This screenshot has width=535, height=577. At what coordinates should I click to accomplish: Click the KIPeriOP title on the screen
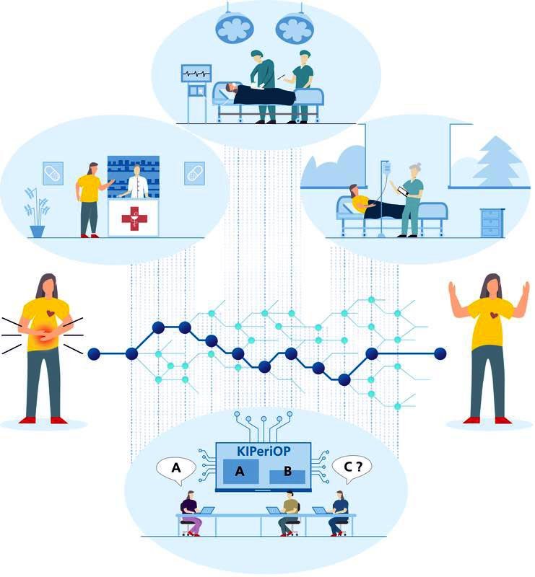pos(263,451)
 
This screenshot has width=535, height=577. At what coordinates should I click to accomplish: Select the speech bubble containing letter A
pos(176,470)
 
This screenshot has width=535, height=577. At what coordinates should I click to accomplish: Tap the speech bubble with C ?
pos(352,468)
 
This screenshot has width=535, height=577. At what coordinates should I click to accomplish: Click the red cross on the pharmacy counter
pos(134,219)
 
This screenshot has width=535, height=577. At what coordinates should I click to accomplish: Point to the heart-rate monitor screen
pos(196,74)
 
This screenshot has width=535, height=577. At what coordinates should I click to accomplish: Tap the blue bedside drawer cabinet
pos(492,222)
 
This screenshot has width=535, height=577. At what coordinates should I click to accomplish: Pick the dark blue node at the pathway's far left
pos(94,354)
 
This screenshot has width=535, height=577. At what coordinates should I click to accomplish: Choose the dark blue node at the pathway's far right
pos(440,353)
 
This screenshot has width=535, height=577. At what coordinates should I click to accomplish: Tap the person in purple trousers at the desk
pos(191,514)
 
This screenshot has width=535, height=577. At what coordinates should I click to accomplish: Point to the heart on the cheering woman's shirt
pos(493,315)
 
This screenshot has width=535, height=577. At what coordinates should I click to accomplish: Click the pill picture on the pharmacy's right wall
pos(193,173)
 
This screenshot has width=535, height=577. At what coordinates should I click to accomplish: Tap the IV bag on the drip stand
pos(386,168)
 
